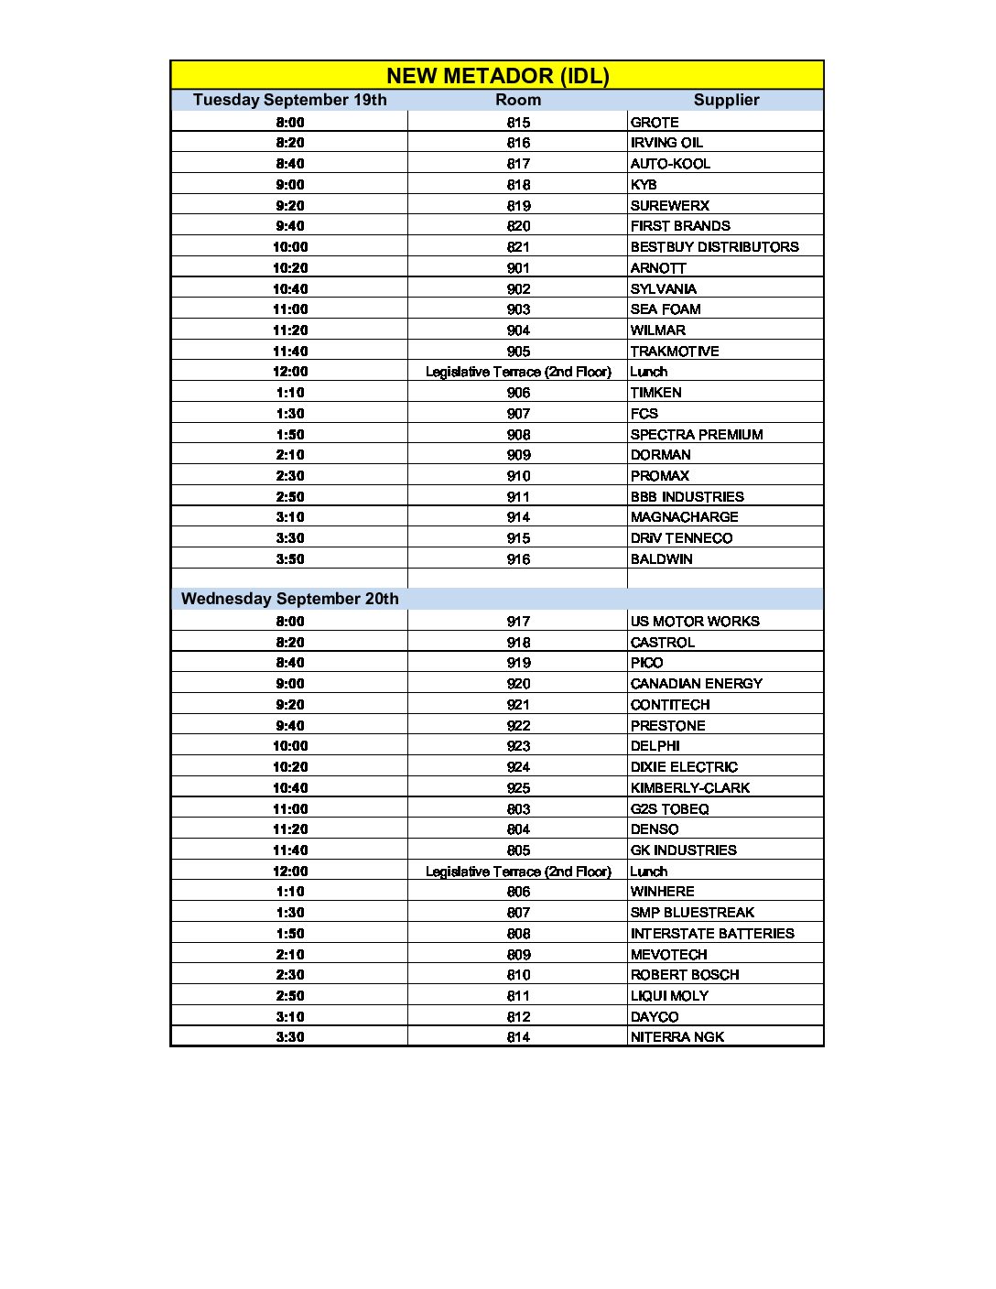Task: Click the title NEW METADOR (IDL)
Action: pyautogui.click(x=497, y=76)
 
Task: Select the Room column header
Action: pyautogui.click(x=518, y=100)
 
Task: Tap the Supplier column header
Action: pyautogui.click(x=726, y=100)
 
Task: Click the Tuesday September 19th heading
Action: pyautogui.click(x=289, y=100)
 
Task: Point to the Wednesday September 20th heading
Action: pyautogui.click(x=289, y=599)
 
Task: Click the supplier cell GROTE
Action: pyautogui.click(x=655, y=122)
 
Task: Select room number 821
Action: pyautogui.click(x=518, y=247)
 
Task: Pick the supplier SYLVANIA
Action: pyautogui.click(x=663, y=288)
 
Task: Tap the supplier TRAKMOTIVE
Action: pyautogui.click(x=675, y=352)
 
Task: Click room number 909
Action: pyautogui.click(x=518, y=455)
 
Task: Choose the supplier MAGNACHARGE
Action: pyautogui.click(x=684, y=517)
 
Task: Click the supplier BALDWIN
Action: pyautogui.click(x=661, y=559)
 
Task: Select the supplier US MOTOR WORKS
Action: pyautogui.click(x=695, y=622)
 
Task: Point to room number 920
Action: pyautogui.click(x=518, y=684)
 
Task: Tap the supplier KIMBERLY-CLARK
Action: pyautogui.click(x=689, y=788)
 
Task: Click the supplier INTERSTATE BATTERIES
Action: pyautogui.click(x=712, y=934)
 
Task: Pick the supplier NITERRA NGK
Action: pyautogui.click(x=677, y=1037)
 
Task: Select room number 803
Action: pyautogui.click(x=518, y=809)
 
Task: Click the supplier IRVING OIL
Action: pyautogui.click(x=666, y=143)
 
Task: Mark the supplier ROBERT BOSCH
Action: pyautogui.click(x=685, y=975)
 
